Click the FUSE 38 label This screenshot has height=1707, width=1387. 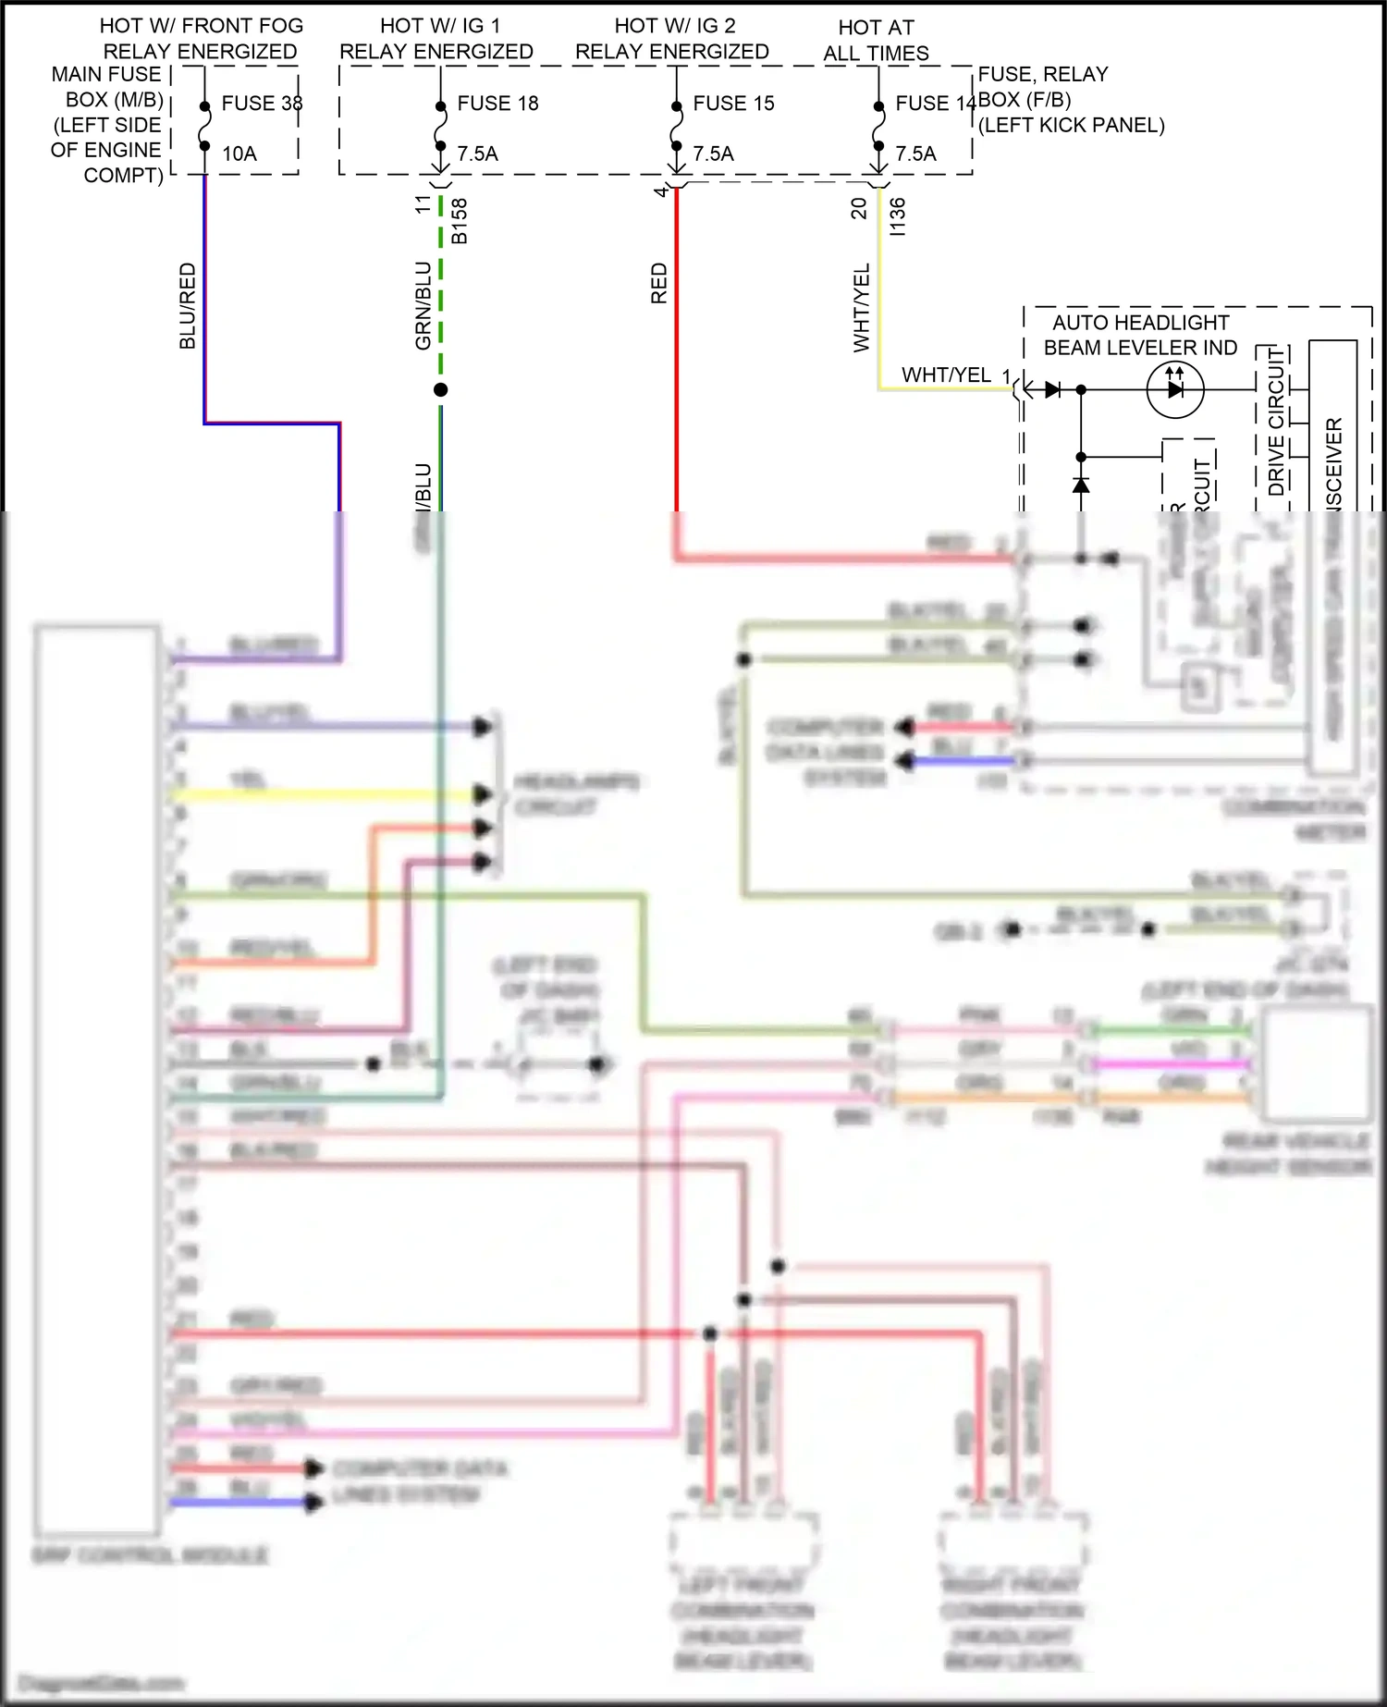click(x=262, y=104)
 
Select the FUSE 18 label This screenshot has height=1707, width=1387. click(x=497, y=104)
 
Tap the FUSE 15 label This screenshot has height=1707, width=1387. click(x=733, y=104)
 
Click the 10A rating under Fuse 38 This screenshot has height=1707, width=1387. click(x=239, y=154)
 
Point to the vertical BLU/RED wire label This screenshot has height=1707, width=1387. click(x=188, y=306)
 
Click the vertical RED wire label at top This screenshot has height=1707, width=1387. click(x=659, y=283)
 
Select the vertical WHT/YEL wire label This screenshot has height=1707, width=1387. click(x=862, y=308)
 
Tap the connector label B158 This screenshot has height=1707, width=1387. click(x=460, y=221)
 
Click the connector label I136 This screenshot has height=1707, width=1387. click(x=897, y=216)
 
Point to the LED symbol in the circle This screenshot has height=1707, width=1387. click(x=1174, y=389)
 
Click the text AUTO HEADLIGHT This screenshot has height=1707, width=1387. click(x=1140, y=323)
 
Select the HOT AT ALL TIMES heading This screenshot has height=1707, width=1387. click(x=876, y=41)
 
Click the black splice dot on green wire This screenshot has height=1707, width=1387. click(x=441, y=390)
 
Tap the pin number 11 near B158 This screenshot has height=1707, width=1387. click(x=423, y=204)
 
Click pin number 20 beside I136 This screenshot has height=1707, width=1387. click(x=859, y=208)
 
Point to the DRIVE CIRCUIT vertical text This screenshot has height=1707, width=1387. click(x=1276, y=422)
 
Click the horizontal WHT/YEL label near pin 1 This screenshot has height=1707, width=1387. click(x=946, y=375)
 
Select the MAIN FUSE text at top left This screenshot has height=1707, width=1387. click(x=106, y=74)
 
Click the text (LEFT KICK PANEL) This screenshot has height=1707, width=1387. click(x=1072, y=126)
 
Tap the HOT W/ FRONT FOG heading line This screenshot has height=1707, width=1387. click(x=202, y=26)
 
